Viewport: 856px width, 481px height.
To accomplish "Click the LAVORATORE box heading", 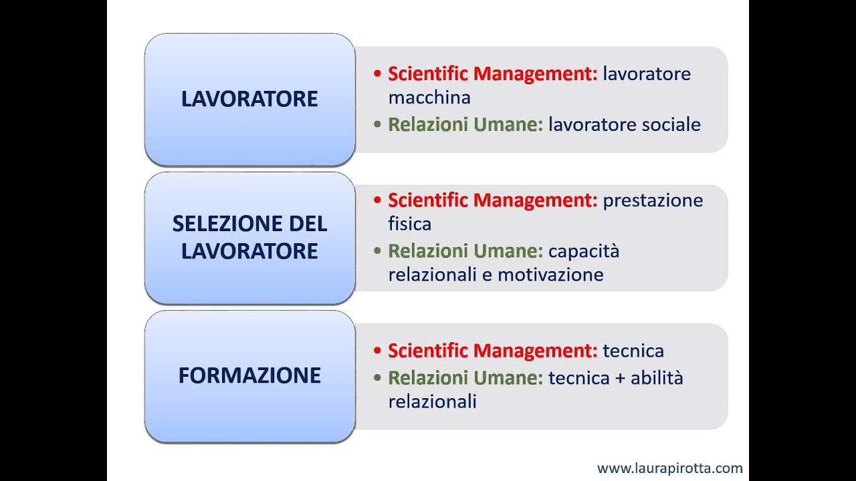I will click(249, 99).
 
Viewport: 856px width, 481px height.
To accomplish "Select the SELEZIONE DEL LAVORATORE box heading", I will click(249, 237).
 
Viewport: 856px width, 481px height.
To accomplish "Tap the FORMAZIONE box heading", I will click(249, 375).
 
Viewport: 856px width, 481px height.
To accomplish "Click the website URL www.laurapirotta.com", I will click(669, 468).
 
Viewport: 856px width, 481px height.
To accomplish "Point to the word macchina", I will click(429, 98).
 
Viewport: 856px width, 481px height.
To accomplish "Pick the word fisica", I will click(409, 223).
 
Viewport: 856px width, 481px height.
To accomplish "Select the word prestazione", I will click(653, 200).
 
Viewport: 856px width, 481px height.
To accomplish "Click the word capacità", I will click(584, 251).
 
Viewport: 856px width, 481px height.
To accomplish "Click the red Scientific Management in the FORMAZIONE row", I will click(492, 351).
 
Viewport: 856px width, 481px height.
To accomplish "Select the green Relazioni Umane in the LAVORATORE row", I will click(465, 124).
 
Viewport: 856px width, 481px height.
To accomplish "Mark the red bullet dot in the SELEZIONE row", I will click(378, 200).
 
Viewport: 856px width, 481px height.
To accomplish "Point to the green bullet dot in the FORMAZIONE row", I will click(378, 378).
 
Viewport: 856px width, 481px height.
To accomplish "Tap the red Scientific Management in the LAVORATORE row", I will click(492, 73).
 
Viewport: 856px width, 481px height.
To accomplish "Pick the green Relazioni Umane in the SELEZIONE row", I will click(465, 251).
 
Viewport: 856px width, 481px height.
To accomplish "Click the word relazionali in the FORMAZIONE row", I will click(432, 402).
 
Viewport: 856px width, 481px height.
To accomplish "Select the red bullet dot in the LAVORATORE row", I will click(378, 73).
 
